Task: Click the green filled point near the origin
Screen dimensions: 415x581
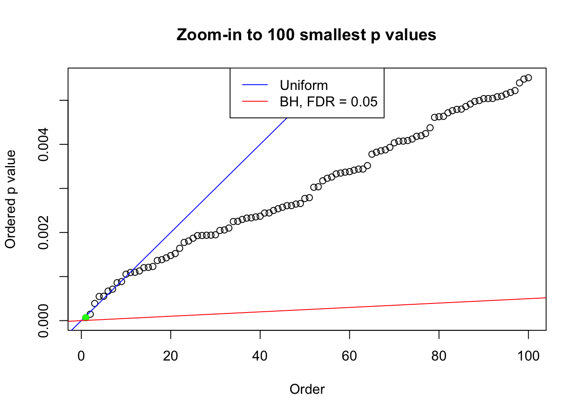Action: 86,318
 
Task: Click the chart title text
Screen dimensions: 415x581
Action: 306,35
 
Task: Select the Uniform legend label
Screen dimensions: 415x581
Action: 303,85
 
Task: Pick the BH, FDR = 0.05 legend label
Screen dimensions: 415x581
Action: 328,102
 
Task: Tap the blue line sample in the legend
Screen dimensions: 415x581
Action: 255,85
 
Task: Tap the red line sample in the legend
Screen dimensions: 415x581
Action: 255,102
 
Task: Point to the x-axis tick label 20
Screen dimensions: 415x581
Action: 171,356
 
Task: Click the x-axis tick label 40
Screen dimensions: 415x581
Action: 260,356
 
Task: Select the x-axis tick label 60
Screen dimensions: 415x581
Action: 349,356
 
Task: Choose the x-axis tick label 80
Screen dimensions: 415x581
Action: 439,356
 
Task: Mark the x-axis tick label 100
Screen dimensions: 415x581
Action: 528,356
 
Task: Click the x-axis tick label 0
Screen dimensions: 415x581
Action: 81,356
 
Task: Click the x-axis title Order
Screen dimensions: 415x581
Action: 307,389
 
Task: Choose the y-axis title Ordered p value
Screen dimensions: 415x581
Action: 10,199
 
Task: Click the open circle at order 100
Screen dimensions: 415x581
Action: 528,78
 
